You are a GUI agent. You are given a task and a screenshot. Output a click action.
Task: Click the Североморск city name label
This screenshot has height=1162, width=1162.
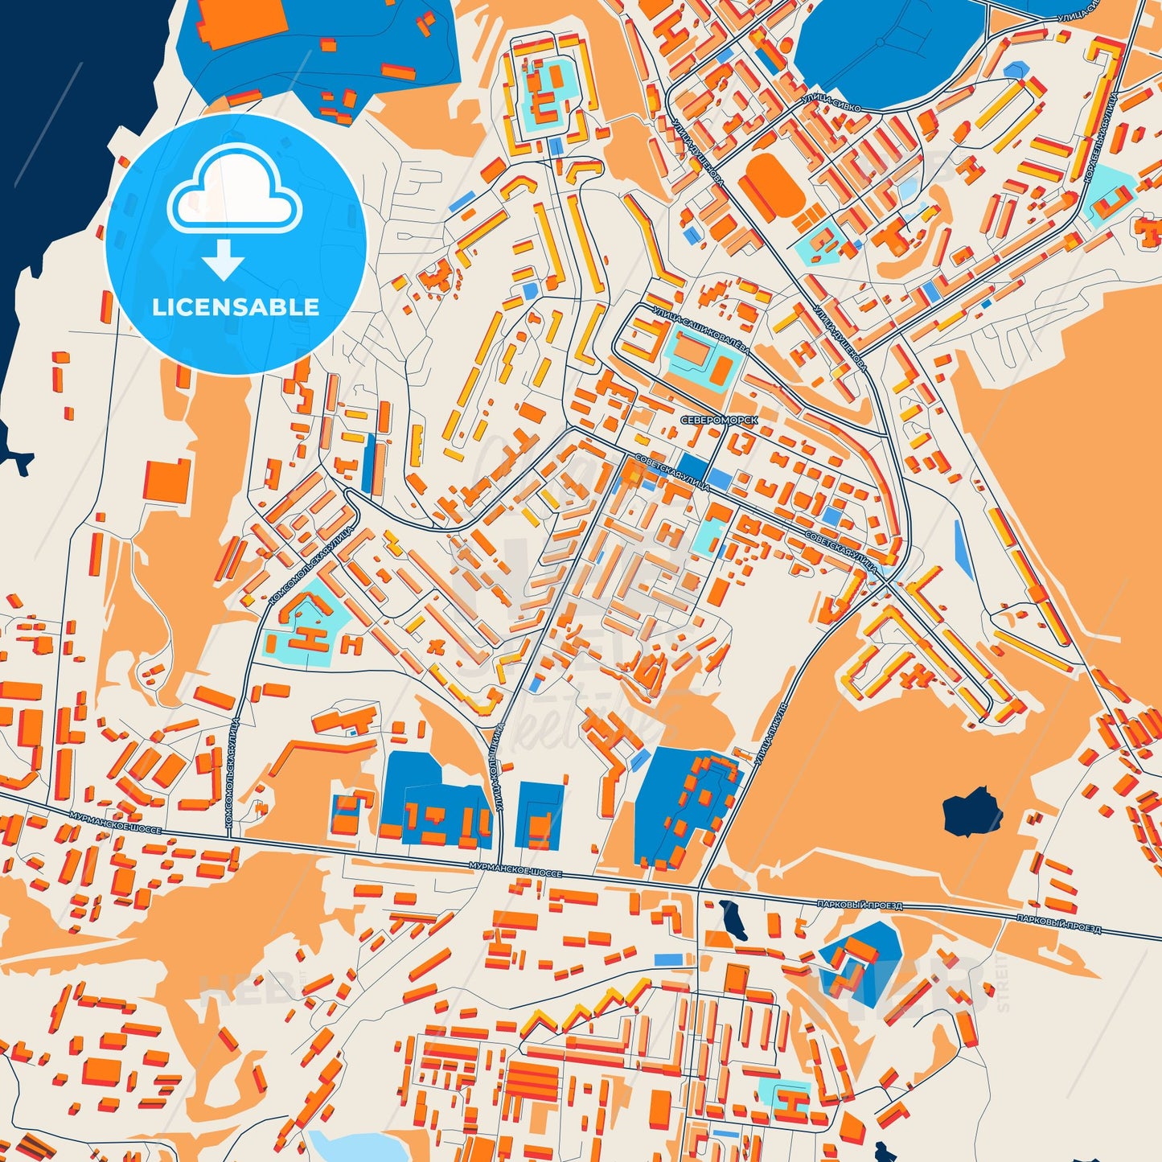(718, 420)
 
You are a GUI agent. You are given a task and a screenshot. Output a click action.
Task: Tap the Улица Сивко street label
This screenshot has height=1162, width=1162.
(831, 104)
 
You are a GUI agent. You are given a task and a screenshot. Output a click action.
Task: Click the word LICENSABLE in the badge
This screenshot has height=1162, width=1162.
(236, 307)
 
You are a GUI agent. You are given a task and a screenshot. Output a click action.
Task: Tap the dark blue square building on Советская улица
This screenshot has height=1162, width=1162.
(694, 466)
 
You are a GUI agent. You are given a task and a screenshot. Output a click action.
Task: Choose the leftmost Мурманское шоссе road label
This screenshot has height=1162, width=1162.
(116, 822)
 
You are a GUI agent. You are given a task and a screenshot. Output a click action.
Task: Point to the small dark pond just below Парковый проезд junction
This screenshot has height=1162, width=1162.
(733, 920)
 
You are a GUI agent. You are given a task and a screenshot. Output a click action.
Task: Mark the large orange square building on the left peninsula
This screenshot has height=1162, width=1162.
(167, 479)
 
